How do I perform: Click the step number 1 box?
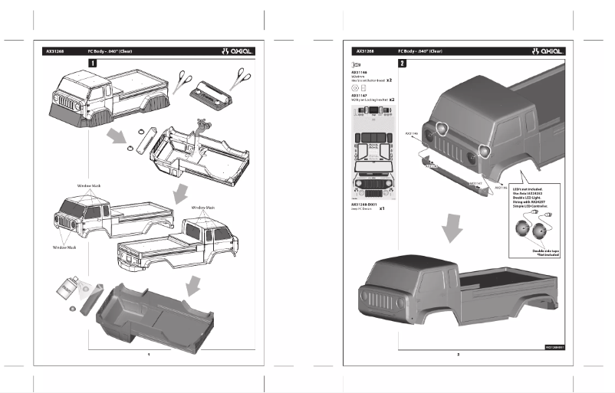pos(93,63)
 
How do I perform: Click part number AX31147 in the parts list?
pos(358,96)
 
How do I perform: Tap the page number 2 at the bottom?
pos(458,354)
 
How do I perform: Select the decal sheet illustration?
pos(373,153)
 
